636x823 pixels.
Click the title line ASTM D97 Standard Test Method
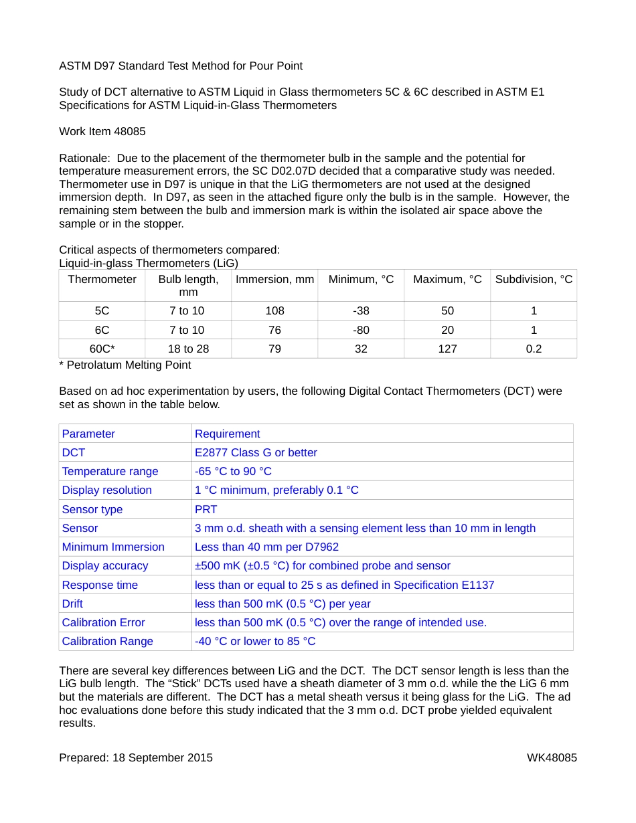[181, 66]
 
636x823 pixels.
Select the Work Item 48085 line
[102, 131]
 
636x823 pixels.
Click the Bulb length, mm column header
[188, 286]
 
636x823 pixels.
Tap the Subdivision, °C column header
[534, 279]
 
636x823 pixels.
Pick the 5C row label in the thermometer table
[102, 310]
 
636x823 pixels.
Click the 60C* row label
[102, 349]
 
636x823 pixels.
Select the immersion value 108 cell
[274, 310]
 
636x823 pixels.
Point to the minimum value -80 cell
[361, 330]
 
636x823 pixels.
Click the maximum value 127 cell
[447, 349]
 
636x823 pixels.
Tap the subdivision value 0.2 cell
[534, 349]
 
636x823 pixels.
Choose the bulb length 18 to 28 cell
[188, 349]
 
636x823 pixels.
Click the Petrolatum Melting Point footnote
[125, 365]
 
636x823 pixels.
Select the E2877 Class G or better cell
[256, 452]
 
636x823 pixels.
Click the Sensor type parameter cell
[92, 509]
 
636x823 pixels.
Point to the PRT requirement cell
[206, 509]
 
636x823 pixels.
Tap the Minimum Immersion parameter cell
[113, 547]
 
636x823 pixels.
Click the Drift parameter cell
[72, 604]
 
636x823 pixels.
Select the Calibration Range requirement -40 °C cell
[255, 641]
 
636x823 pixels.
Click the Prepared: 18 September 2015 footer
[136, 757]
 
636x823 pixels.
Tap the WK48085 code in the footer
[552, 757]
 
